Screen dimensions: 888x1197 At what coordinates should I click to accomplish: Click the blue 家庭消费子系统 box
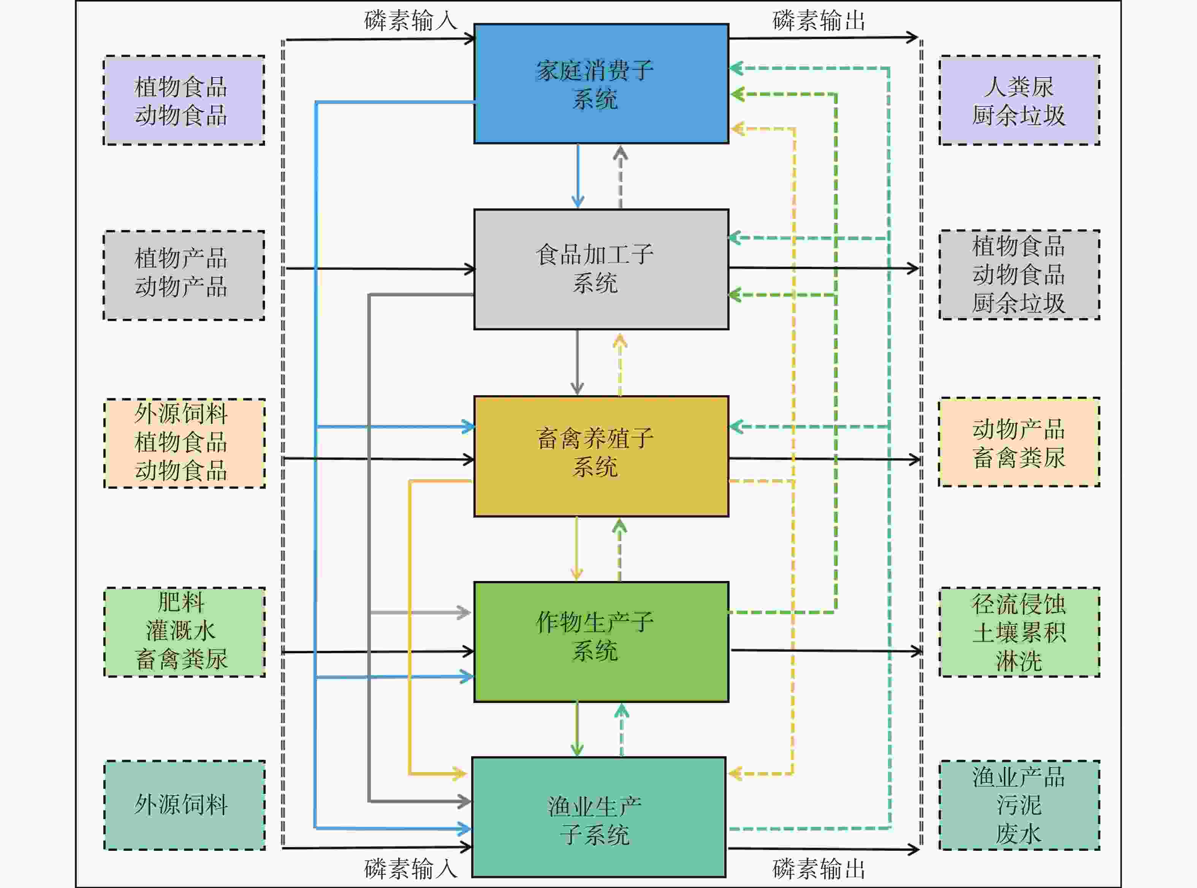[601, 84]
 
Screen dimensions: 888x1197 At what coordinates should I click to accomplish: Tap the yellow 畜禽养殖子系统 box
[601, 456]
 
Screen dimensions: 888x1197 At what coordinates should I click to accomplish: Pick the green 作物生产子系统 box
[601, 641]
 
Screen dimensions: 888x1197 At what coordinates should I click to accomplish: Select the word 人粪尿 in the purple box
[1018, 87]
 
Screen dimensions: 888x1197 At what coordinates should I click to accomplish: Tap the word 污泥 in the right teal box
[1018, 805]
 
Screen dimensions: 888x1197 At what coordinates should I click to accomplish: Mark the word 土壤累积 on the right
[1018, 632]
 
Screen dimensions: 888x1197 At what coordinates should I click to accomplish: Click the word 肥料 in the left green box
[181, 602]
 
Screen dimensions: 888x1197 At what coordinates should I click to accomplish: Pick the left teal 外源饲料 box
[184, 805]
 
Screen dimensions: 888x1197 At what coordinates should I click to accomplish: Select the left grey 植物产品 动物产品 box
[184, 275]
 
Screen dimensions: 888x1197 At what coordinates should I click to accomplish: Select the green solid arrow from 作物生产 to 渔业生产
[577, 729]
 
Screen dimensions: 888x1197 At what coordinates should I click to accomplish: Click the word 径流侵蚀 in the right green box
[1018, 604]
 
